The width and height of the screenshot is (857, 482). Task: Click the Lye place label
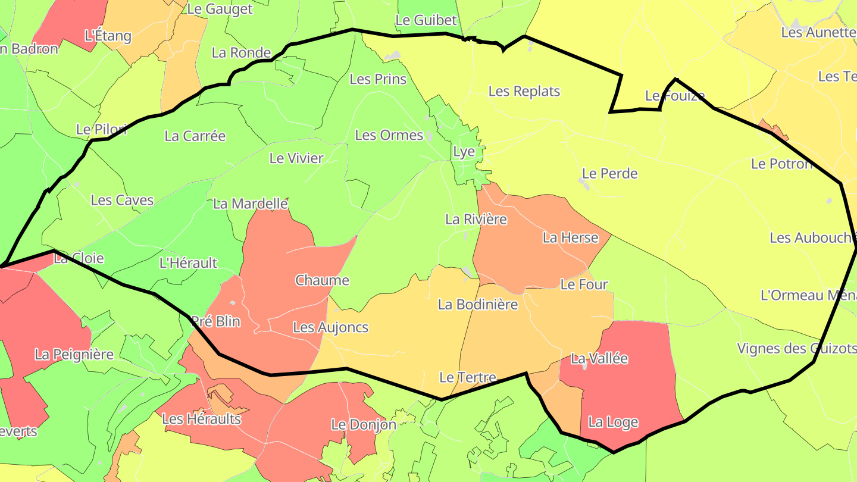coord(464,151)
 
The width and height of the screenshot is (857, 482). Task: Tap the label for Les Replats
coord(524,91)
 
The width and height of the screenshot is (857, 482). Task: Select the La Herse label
coord(570,237)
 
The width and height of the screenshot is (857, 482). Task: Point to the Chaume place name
coord(322,280)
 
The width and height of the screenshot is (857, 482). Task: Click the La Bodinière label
coord(478,304)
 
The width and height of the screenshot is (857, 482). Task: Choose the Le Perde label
coord(609,173)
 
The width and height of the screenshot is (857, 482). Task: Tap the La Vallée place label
coord(599,358)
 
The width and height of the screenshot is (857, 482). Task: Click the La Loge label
coord(613,422)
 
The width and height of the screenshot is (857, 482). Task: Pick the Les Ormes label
coord(389,135)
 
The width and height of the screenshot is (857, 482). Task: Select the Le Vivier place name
coord(296,158)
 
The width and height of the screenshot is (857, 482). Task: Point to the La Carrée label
coord(195,136)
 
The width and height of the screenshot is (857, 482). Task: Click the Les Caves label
coord(122,200)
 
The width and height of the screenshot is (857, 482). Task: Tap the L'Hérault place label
coord(189,262)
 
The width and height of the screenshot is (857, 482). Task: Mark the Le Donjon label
coord(363,424)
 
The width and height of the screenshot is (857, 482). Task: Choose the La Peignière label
coord(74,354)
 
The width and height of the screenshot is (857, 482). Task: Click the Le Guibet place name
coord(426,20)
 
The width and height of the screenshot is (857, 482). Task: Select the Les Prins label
coord(378,79)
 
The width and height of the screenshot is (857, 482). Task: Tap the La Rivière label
coord(476,219)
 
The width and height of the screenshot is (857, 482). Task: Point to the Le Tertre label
coord(467,377)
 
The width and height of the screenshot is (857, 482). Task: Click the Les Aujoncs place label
coord(330,327)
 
